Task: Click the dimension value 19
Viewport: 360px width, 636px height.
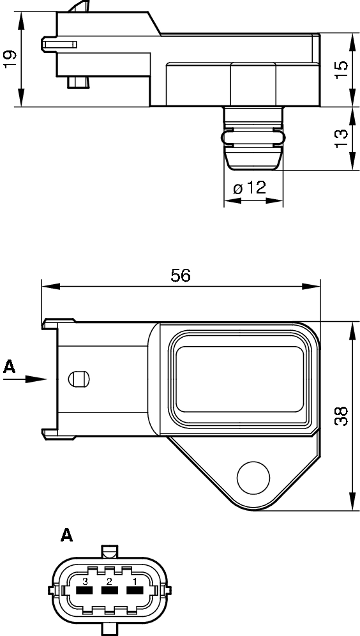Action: (10, 59)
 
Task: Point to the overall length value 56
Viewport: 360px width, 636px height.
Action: (181, 275)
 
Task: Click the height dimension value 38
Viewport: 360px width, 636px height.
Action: (341, 416)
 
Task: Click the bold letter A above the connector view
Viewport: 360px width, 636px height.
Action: (66, 535)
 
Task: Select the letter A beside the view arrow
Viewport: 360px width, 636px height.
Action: (9, 366)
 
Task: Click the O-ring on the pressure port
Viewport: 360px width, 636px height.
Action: (253, 137)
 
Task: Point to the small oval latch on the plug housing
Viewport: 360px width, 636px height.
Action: (77, 379)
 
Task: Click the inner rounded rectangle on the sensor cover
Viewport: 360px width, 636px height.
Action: (239, 379)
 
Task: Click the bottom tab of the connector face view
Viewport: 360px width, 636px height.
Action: (110, 628)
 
